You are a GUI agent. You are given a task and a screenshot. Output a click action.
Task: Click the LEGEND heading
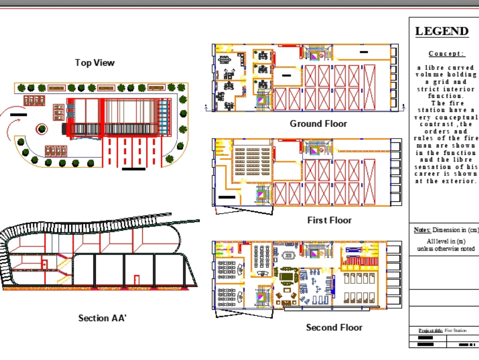[442, 32]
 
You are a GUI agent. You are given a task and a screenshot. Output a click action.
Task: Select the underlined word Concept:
[446, 54]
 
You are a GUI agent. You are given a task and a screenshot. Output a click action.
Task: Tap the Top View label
[95, 63]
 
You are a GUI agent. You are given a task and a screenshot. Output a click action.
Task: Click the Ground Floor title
[318, 124]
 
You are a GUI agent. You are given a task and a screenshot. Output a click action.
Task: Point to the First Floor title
[329, 221]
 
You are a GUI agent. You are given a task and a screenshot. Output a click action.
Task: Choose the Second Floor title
[334, 328]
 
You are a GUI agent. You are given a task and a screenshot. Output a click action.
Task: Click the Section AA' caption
[102, 318]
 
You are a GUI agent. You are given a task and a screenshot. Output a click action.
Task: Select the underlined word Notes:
[422, 230]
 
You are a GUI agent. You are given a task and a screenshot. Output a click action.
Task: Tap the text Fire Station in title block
[456, 331]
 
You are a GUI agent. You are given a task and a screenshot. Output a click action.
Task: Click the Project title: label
[430, 331]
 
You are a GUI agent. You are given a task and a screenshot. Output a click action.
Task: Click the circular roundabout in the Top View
[42, 128]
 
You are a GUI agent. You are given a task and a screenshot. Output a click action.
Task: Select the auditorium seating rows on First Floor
[252, 163]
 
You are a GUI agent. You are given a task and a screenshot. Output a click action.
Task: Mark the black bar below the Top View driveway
[134, 169]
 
